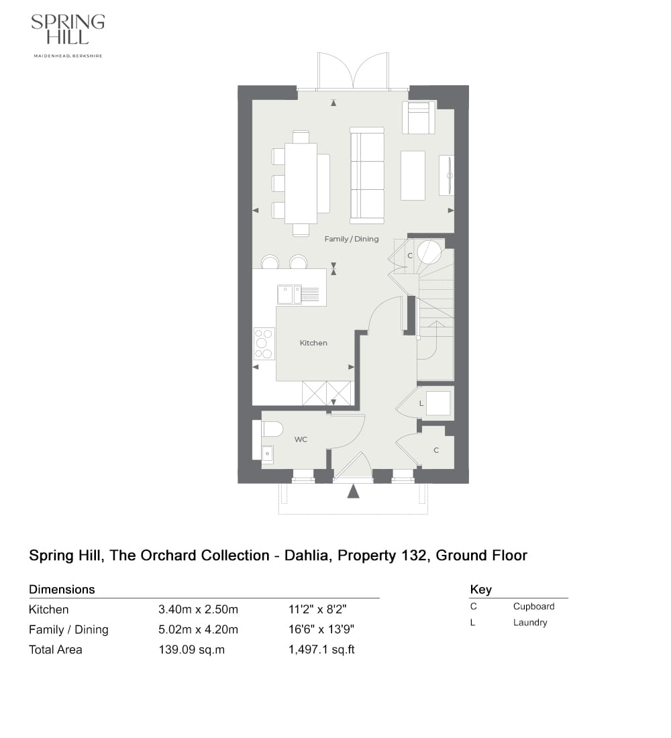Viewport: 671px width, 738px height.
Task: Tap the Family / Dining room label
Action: point(351,239)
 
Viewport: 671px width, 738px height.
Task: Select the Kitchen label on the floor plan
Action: point(313,343)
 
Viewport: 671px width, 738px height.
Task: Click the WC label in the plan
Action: point(301,439)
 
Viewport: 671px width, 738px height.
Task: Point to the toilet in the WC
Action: point(272,429)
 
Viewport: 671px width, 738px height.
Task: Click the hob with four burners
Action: point(264,344)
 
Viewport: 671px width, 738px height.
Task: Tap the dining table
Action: point(301,183)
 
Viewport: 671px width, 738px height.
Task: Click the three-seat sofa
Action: point(367,176)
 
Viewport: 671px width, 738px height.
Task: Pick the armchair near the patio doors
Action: point(419,118)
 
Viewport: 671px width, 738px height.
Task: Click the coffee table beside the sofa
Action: point(413,175)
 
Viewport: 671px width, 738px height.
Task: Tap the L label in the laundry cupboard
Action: point(421,404)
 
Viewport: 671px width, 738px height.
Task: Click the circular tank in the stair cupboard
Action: point(429,252)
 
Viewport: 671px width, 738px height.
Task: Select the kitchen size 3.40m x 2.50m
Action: point(198,610)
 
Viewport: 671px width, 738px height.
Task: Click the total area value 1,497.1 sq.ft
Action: point(321,649)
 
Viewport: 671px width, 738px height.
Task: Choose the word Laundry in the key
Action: point(530,623)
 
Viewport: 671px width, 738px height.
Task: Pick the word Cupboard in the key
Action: point(533,607)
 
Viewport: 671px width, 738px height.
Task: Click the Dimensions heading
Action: point(62,590)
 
